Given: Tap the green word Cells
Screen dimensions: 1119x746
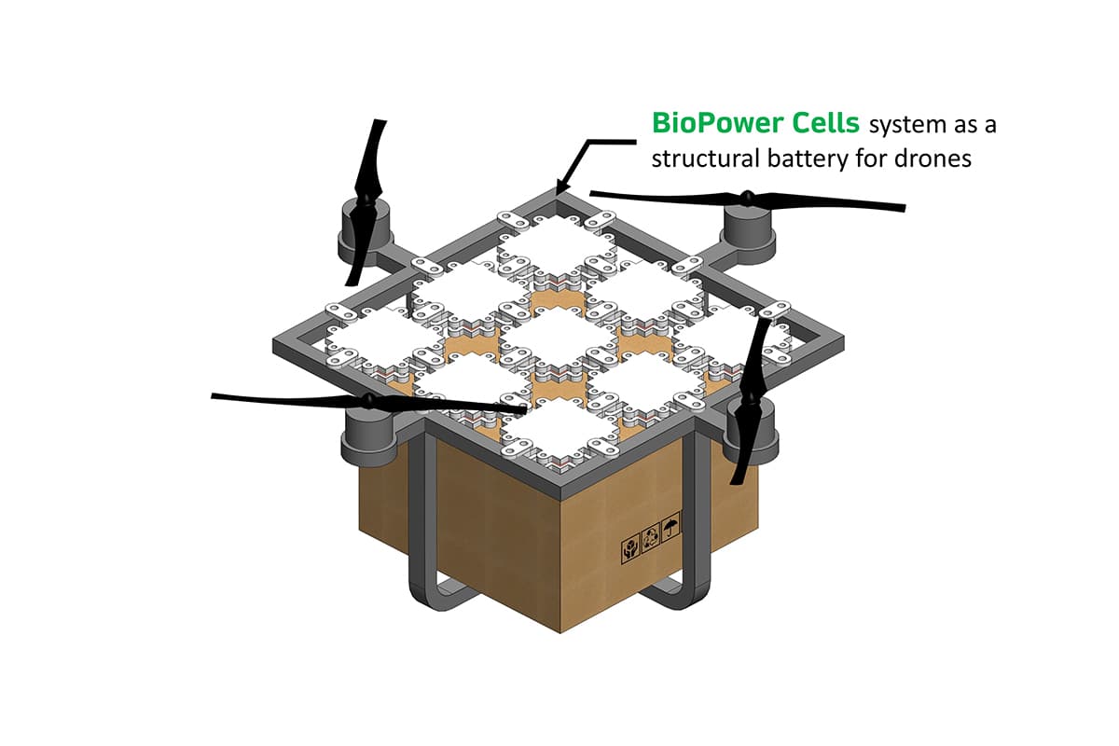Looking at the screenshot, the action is point(826,123).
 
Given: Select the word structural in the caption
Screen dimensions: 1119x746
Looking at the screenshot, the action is point(706,159).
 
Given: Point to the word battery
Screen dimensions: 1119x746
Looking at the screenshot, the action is point(808,159).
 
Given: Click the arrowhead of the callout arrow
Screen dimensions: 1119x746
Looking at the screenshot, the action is point(561,186).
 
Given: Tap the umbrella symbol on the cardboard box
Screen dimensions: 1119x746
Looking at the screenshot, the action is point(670,529).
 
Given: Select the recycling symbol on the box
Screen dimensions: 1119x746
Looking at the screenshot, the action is point(651,539).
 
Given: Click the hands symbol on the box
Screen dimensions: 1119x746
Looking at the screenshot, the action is point(630,549).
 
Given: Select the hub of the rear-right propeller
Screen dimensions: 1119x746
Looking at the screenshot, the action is point(747,198).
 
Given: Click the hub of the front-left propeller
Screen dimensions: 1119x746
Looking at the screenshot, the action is point(368,400).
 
